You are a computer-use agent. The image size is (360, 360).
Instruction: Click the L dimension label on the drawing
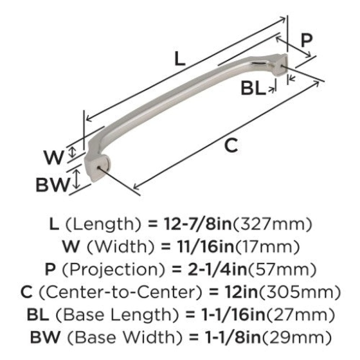coord(180,58)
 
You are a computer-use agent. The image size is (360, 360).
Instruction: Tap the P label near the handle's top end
coord(306,40)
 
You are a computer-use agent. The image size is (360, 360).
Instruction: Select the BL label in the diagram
coord(253,88)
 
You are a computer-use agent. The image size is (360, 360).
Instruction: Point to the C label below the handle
coord(231,146)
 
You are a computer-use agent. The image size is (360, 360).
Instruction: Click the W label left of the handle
coord(54,157)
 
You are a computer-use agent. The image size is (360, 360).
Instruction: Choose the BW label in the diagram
coord(53,185)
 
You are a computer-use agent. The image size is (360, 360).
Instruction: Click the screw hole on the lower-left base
coord(99,168)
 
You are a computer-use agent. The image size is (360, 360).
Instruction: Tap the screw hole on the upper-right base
coord(282,66)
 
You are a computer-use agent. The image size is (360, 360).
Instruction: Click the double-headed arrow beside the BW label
coord(77,179)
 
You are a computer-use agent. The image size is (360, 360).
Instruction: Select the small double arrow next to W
coord(72,152)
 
